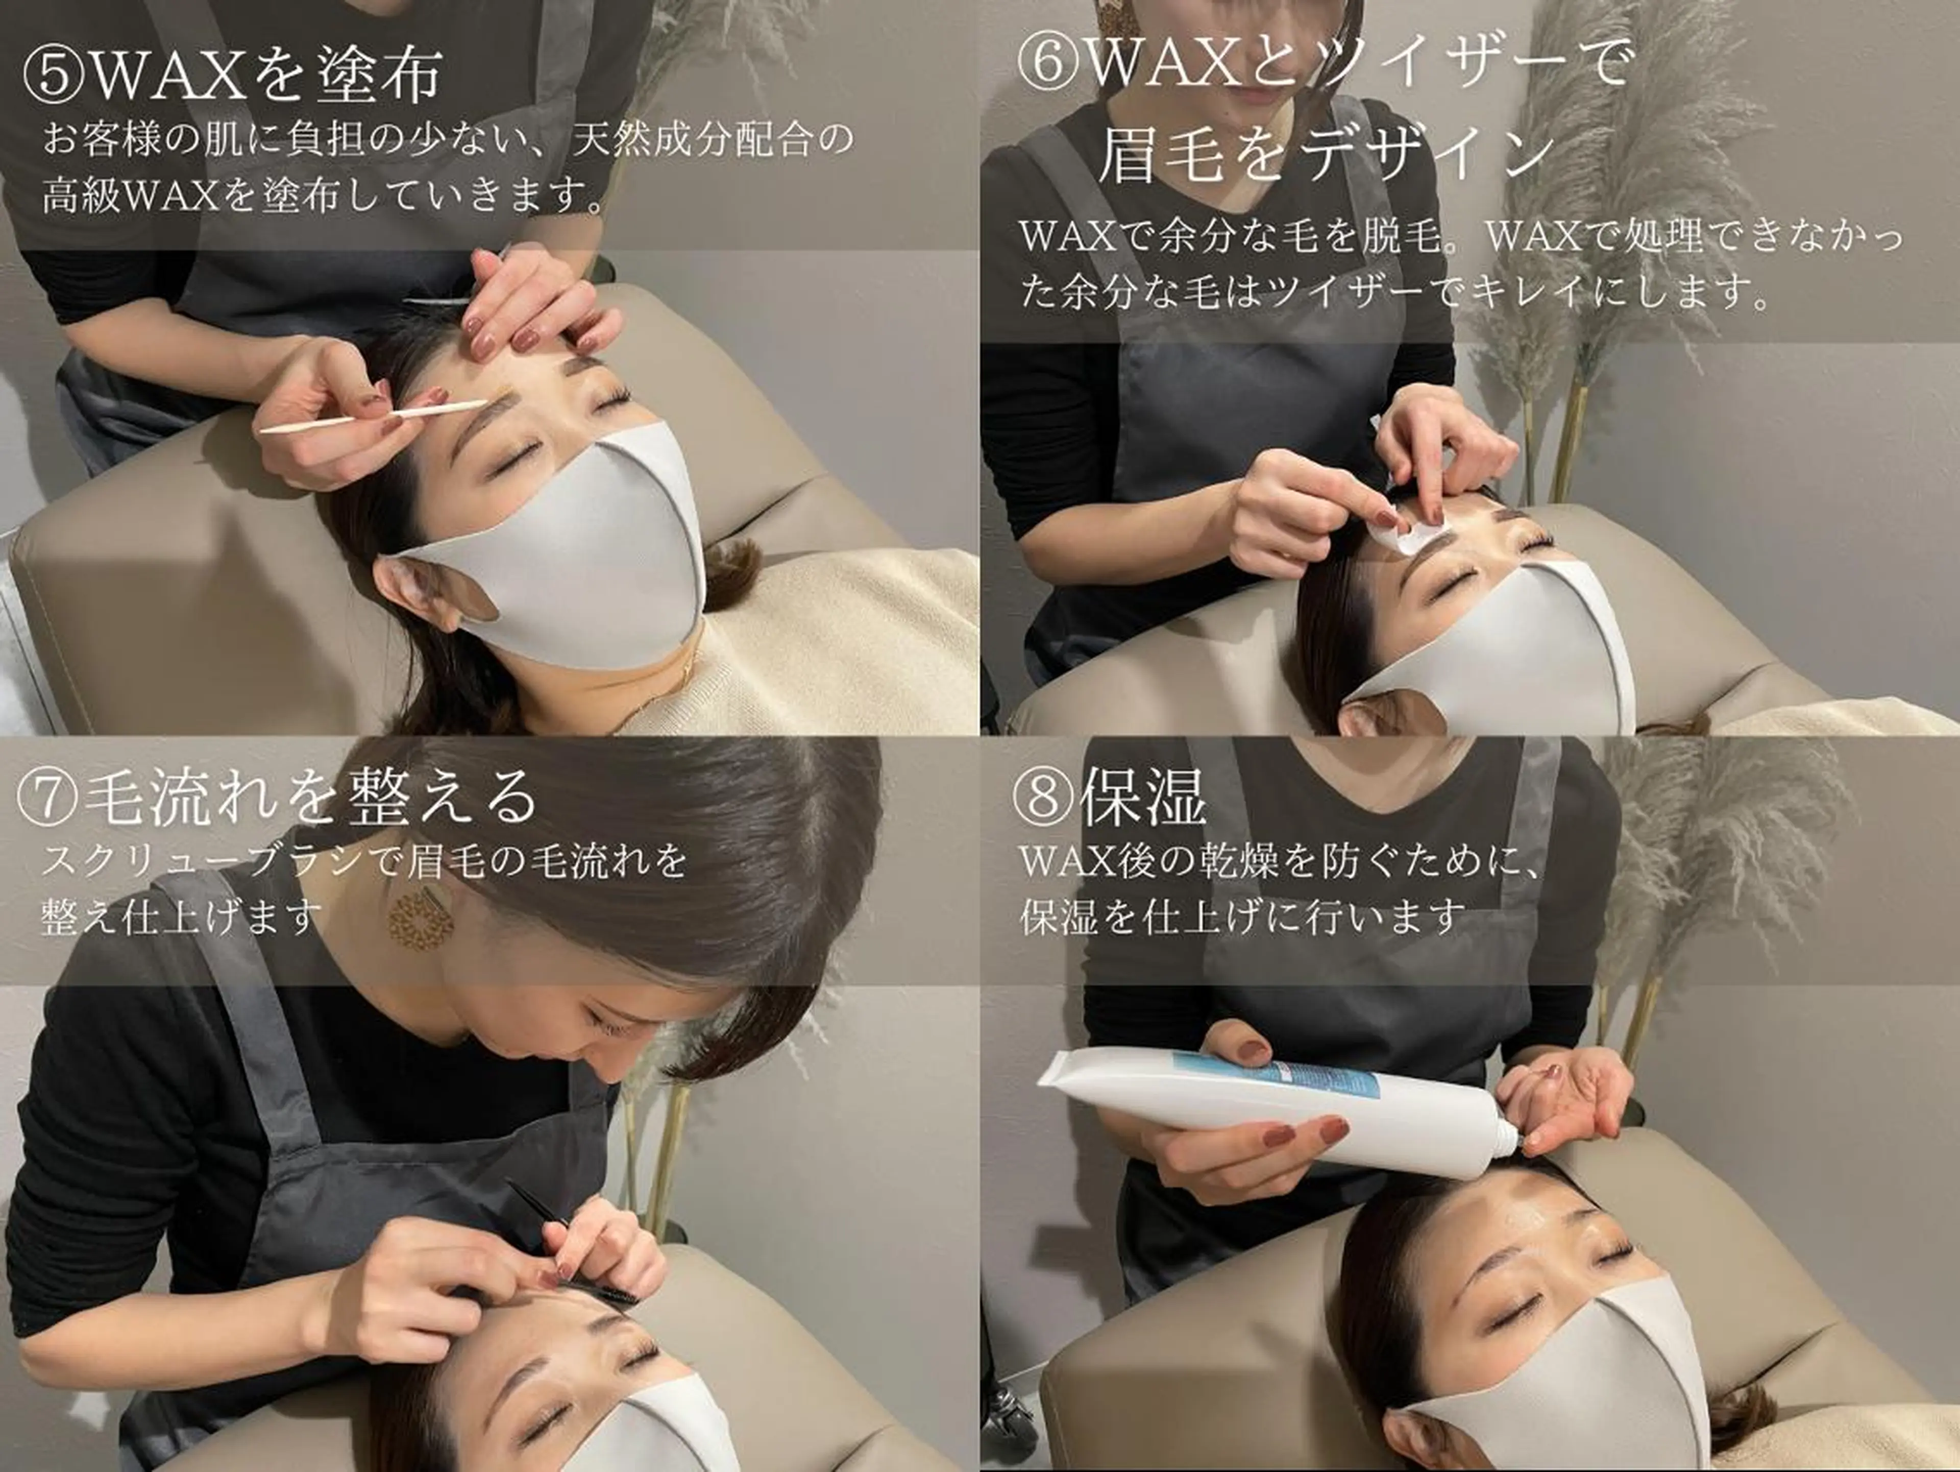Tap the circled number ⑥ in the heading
tap(1048, 64)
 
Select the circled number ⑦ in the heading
tap(48, 796)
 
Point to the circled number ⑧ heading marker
tap(1045, 796)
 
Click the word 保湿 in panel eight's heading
tap(1143, 796)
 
